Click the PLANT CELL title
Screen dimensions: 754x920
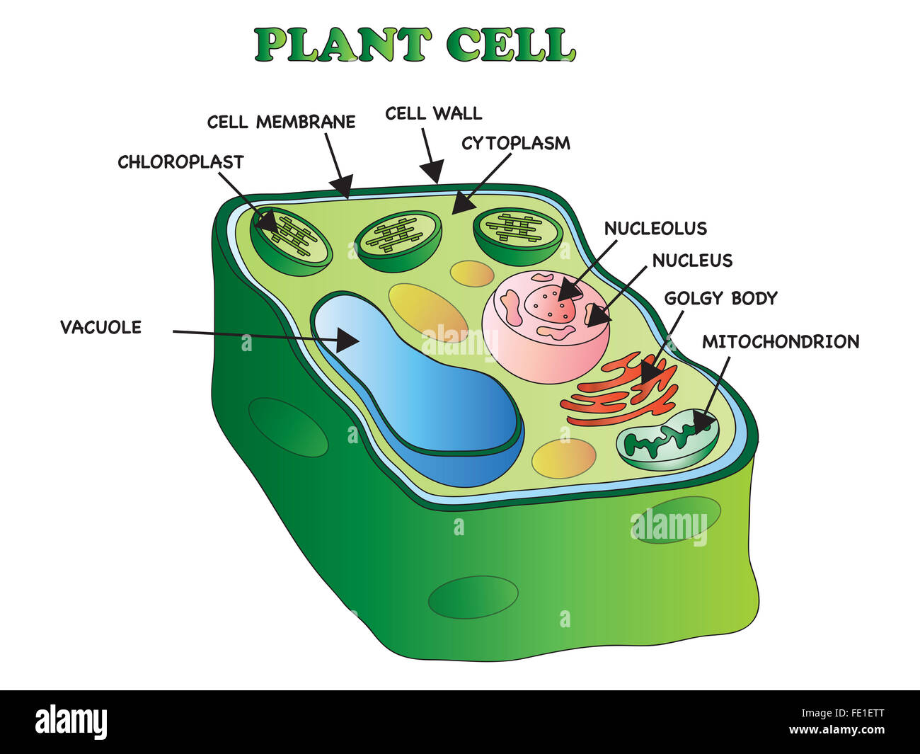tap(415, 45)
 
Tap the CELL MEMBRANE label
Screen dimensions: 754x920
tap(281, 122)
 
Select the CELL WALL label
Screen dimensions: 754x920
tap(433, 113)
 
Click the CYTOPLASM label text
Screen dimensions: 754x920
tap(515, 144)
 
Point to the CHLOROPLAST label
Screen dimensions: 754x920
tap(180, 162)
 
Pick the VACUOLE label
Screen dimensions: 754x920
tap(100, 327)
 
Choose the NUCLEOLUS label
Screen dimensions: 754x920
tap(655, 229)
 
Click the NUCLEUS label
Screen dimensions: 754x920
tap(692, 261)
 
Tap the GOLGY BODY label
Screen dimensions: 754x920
tap(720, 298)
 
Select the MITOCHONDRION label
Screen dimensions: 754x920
tap(780, 342)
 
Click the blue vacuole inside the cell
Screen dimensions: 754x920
tap(425, 396)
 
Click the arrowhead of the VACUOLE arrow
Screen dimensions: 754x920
tap(349, 340)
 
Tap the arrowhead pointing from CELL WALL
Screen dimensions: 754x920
tap(432, 172)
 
